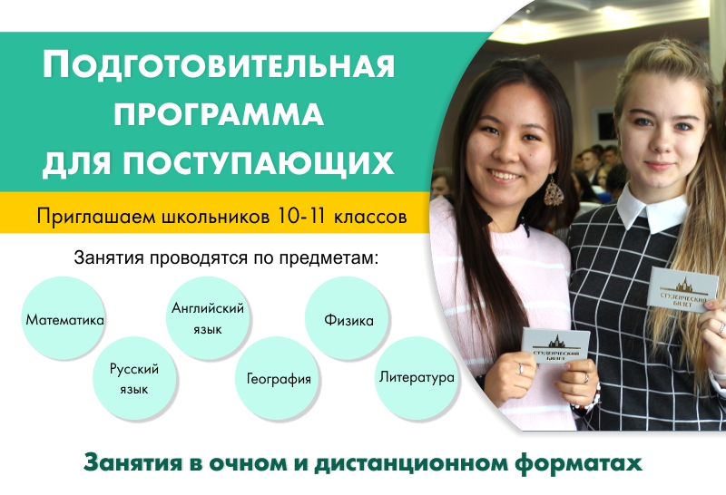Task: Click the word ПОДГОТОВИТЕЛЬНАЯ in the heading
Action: [x=219, y=64]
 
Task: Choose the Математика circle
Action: [x=64, y=318]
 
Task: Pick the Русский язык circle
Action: [x=134, y=378]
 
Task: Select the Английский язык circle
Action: [x=208, y=318]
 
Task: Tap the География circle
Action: [x=278, y=378]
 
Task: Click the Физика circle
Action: [x=348, y=318]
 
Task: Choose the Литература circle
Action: [x=417, y=378]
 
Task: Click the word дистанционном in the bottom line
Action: [x=411, y=463]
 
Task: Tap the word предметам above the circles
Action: [x=328, y=258]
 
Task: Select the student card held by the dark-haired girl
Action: [x=556, y=345]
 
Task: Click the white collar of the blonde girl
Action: [x=652, y=209]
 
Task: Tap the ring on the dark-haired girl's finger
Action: [x=521, y=369]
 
